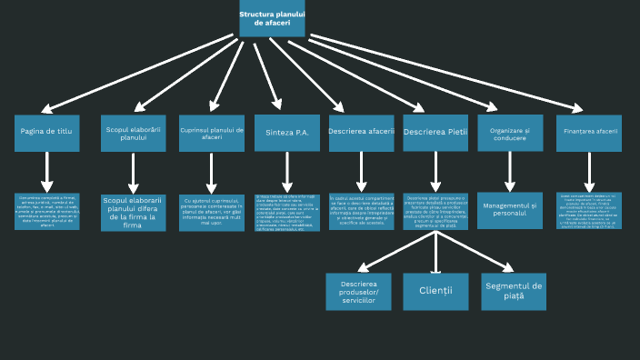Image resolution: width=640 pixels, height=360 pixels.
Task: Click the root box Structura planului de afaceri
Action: click(x=272, y=18)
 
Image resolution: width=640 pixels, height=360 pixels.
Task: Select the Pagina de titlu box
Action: click(x=46, y=133)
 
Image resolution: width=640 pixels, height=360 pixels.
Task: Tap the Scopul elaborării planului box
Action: click(x=133, y=134)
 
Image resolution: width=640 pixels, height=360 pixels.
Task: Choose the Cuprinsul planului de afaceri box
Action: click(x=212, y=134)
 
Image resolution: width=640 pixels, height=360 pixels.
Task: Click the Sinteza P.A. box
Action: click(x=287, y=133)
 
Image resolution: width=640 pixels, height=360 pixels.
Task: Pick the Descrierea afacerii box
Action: click(x=362, y=133)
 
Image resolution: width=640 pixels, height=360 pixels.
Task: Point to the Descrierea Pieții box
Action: click(x=435, y=133)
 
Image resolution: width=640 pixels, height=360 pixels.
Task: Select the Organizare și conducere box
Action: click(x=509, y=133)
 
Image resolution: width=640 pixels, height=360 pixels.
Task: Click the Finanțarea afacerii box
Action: click(x=589, y=133)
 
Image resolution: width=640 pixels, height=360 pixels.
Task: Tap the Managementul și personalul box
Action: click(x=510, y=210)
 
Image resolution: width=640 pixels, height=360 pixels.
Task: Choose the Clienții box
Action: click(x=435, y=291)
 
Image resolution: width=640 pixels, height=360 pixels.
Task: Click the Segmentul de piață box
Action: click(x=514, y=291)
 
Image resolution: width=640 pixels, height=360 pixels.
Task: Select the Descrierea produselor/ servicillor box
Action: click(x=358, y=291)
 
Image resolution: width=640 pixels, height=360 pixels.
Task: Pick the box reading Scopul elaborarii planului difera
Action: click(x=133, y=212)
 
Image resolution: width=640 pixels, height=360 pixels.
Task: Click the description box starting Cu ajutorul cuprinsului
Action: click(x=212, y=212)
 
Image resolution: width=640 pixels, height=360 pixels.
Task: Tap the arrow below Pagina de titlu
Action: click(x=47, y=171)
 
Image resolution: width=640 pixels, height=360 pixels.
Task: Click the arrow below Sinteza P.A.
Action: click(x=287, y=171)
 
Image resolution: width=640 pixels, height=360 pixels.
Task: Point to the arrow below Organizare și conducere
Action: click(x=509, y=171)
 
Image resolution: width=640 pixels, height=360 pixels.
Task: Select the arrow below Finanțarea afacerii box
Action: click(x=589, y=171)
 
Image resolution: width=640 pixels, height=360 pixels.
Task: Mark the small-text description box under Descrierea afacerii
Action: click(x=362, y=211)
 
